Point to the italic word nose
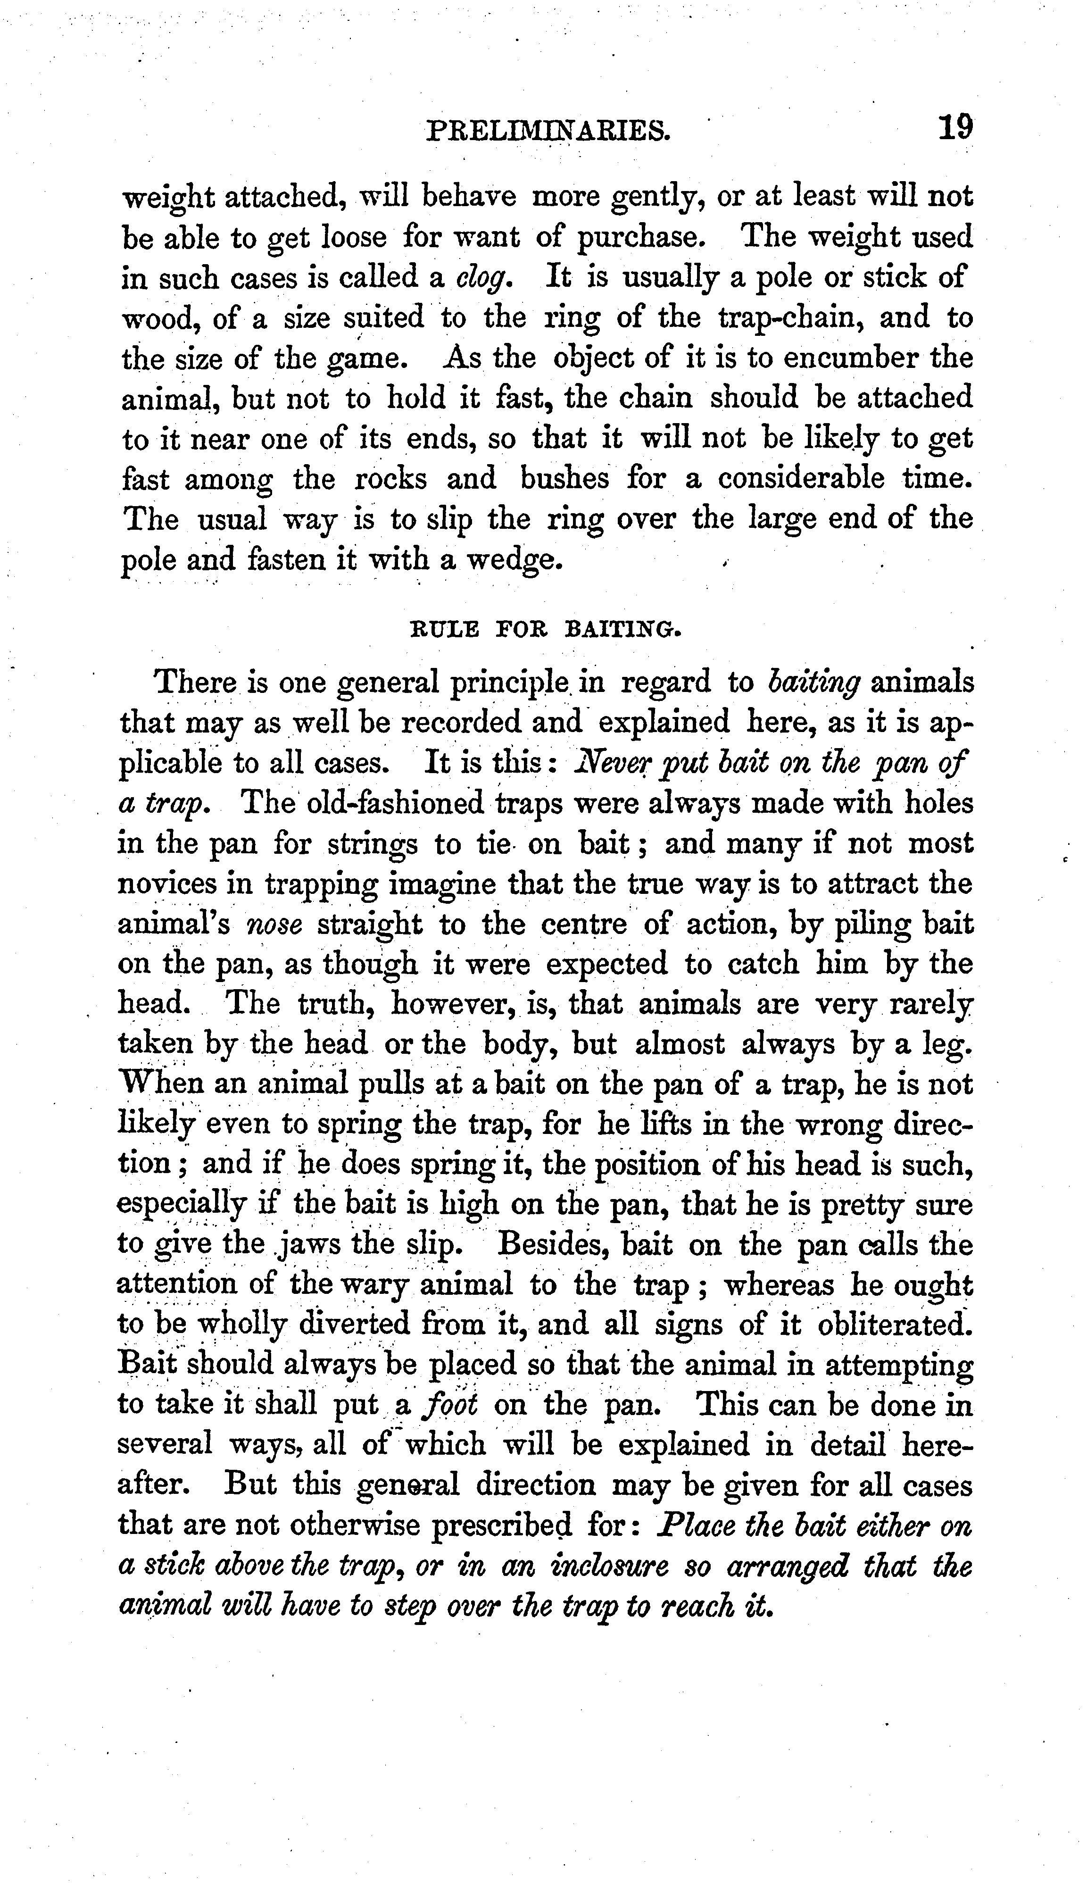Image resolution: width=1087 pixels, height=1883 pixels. tap(274, 925)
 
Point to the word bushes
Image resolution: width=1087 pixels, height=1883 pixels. tap(564, 479)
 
